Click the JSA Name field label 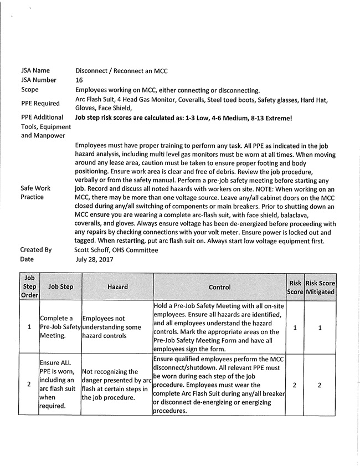coord(35,71)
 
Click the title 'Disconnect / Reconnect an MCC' coord(121,71)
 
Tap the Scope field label coord(30,90)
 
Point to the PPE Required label coord(40,104)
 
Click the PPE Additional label coord(42,118)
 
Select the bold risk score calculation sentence coord(183,118)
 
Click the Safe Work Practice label coord(35,192)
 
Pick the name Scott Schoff coord(94,250)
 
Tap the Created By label coord(36,250)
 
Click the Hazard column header coord(117,287)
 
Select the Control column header coord(220,287)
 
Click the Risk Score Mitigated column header coord(320,287)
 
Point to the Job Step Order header coord(29,287)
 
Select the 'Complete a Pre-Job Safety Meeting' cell coord(60,327)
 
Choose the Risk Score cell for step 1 coord(295,327)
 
